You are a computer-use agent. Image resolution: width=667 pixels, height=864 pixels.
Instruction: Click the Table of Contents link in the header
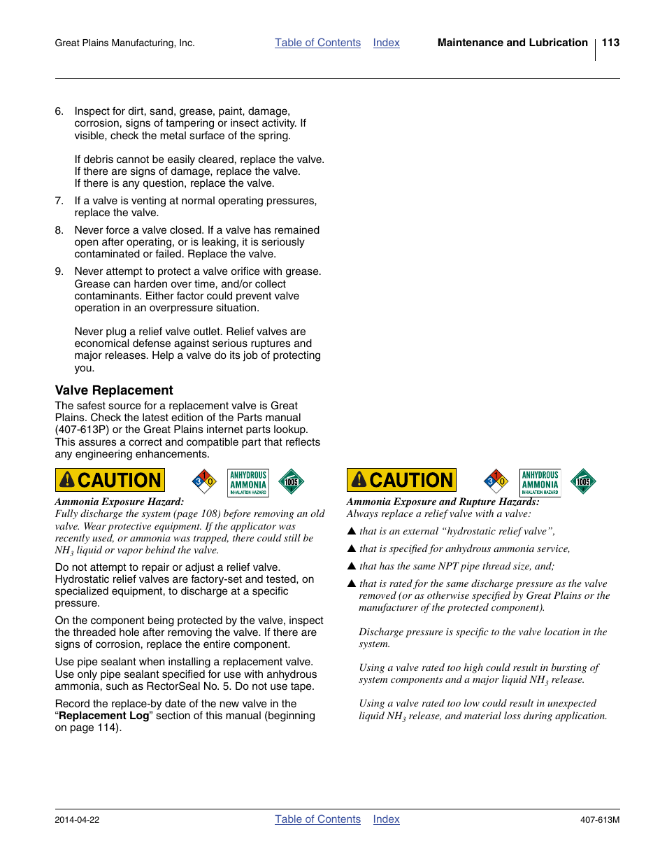click(x=317, y=43)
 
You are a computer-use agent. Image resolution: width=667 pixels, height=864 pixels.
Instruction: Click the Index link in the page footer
click(x=386, y=819)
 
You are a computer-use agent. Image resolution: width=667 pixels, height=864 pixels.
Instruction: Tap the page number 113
click(x=610, y=43)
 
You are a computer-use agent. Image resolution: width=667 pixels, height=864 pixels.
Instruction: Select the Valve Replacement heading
click(x=114, y=390)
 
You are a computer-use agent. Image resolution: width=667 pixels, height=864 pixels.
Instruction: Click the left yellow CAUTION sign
click(x=110, y=480)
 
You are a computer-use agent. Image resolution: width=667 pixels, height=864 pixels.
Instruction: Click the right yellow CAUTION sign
click(x=401, y=480)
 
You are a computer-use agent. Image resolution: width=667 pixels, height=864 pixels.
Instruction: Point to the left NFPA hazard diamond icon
click(x=204, y=481)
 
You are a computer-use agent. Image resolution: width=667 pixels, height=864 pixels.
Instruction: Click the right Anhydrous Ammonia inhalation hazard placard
click(x=540, y=482)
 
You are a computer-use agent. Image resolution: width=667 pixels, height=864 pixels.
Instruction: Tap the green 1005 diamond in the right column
click(x=583, y=481)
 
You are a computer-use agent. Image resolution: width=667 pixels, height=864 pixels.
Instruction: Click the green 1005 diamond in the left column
click(x=291, y=481)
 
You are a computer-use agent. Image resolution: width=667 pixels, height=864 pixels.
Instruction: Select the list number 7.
click(x=59, y=201)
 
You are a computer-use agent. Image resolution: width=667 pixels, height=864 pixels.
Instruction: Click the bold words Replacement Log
click(x=103, y=716)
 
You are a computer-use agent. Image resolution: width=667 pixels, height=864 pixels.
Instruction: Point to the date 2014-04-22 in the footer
click(x=77, y=820)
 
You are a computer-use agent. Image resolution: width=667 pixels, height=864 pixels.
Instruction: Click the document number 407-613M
click(x=599, y=820)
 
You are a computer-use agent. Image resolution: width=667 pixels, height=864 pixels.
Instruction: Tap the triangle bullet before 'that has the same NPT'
click(x=352, y=566)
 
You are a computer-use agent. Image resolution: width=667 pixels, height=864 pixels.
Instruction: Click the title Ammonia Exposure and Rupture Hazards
click(x=443, y=502)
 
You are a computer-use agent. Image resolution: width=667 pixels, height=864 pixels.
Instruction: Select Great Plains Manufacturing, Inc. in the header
click(x=124, y=43)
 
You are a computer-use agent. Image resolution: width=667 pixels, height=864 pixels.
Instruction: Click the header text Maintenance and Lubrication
click(x=512, y=43)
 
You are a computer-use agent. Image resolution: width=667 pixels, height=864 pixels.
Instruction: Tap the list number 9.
click(x=59, y=271)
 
